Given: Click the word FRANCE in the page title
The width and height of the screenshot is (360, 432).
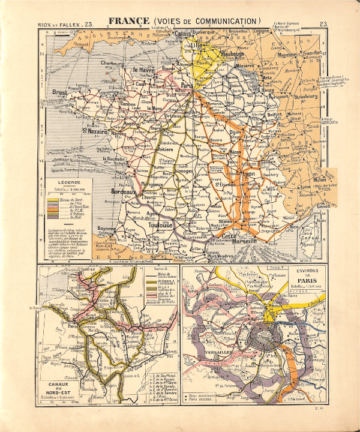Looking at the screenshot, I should (128, 22).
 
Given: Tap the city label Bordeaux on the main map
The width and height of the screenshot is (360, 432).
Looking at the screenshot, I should (124, 192).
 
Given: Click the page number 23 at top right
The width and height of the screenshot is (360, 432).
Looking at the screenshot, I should (323, 24).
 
